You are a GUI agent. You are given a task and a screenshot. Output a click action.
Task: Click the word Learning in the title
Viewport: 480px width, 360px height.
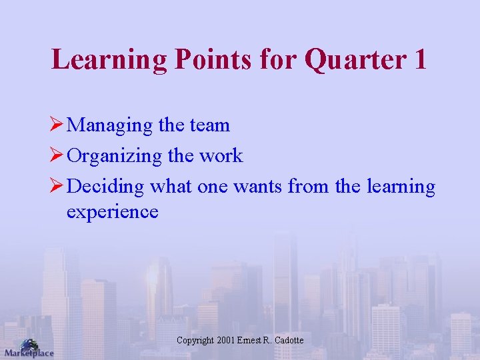coord(109,59)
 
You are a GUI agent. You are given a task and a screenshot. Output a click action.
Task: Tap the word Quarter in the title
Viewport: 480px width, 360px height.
coord(354,59)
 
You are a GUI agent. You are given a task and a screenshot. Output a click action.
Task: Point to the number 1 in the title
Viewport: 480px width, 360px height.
coord(419,59)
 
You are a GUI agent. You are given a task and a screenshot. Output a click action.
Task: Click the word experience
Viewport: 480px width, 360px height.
coord(112,212)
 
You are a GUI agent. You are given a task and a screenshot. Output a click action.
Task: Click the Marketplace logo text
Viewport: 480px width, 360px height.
coord(29,353)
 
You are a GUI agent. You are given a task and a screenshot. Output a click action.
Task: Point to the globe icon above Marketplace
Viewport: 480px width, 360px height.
coord(29,343)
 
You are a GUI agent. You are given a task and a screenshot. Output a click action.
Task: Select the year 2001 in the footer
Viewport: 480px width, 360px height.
coord(227,341)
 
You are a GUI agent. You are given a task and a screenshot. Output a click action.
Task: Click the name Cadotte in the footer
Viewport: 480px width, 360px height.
coord(288,341)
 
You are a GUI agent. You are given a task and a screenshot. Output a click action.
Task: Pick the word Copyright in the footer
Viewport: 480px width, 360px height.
coord(195,341)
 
